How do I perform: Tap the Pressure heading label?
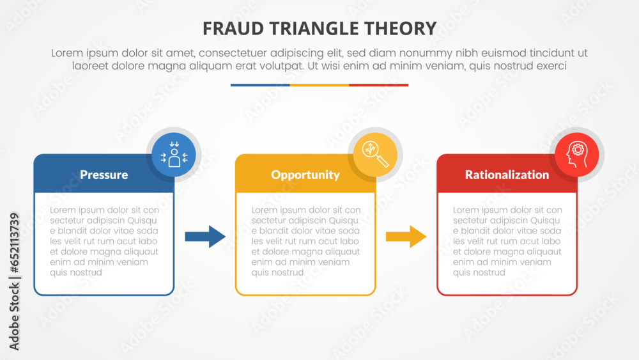point(104,175)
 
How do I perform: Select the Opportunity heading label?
point(305,175)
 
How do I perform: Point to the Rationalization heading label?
point(507,175)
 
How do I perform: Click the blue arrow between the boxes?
point(205,237)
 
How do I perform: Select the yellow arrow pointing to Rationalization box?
point(406,237)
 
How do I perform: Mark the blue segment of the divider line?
point(260,85)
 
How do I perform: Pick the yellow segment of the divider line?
point(319,85)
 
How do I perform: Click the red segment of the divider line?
point(378,85)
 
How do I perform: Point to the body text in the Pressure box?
point(104,241)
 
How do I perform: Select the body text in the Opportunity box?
point(305,241)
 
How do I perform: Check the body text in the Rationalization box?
point(507,241)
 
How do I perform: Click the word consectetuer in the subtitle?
point(244,53)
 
